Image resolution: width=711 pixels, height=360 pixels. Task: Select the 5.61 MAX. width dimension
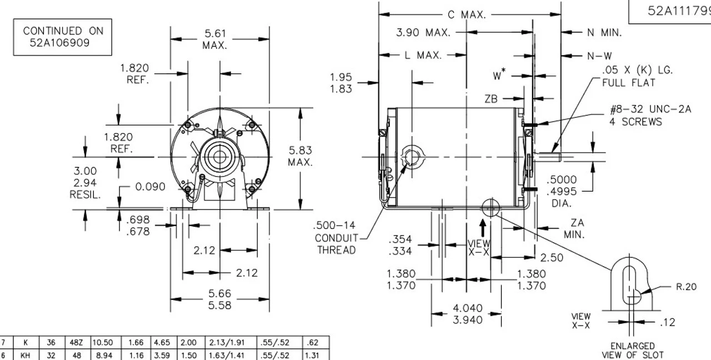click(214, 39)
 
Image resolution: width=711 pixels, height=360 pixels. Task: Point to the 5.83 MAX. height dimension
click(300, 156)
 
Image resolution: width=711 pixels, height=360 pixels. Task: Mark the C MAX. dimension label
click(467, 15)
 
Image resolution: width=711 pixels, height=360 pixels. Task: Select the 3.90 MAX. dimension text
click(422, 33)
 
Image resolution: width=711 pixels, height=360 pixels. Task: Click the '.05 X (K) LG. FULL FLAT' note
click(637, 77)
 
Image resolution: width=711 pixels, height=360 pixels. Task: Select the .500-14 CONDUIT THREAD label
click(335, 238)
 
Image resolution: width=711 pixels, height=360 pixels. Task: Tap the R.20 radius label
click(687, 288)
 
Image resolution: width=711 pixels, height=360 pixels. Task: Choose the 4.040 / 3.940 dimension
click(467, 314)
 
